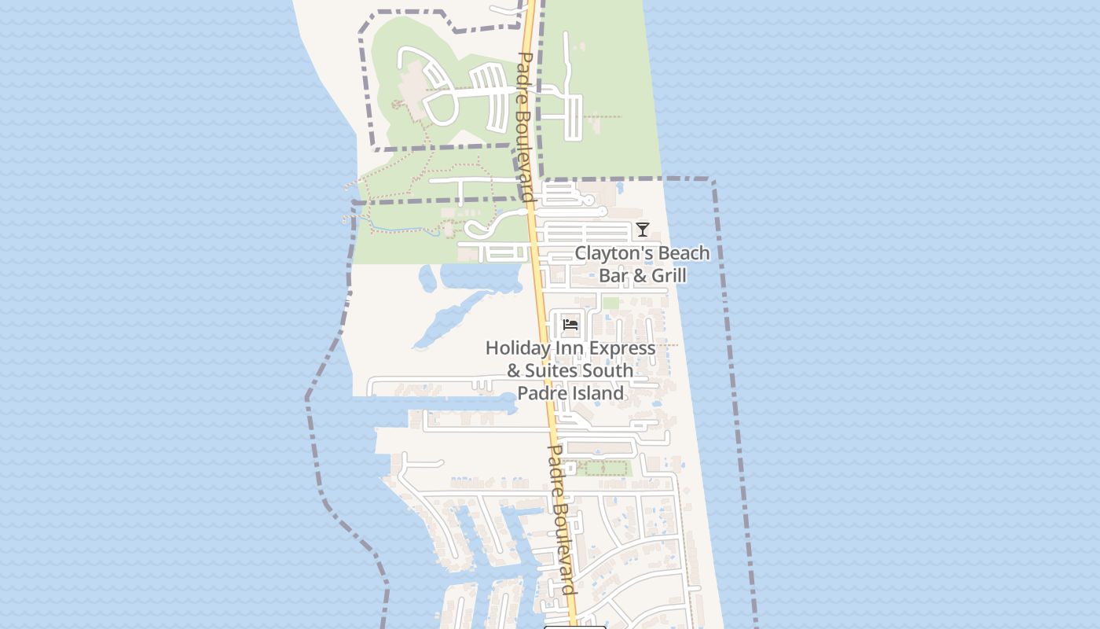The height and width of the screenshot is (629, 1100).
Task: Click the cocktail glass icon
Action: point(643,230)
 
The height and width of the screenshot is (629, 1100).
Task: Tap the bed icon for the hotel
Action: point(570,324)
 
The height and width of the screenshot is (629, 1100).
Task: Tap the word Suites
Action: point(552,370)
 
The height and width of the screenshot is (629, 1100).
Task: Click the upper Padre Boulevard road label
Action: point(526,126)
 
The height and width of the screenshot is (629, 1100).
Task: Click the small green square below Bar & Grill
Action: point(610,303)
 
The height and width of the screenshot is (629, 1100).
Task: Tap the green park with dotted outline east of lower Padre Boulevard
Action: point(603,469)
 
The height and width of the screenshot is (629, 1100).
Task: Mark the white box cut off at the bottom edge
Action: point(575,627)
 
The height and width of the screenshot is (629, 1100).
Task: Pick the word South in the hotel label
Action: point(607,370)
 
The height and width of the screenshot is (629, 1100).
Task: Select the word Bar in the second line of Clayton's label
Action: point(613,275)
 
